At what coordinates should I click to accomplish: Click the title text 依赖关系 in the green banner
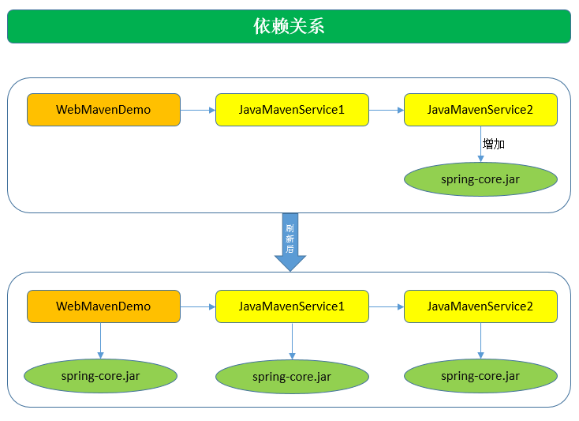click(x=289, y=26)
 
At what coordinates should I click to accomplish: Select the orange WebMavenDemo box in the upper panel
click(x=103, y=110)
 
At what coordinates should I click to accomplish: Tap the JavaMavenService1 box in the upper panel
click(x=292, y=110)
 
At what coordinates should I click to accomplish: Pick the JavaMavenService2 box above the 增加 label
click(x=480, y=110)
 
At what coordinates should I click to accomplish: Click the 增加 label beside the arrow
click(x=494, y=145)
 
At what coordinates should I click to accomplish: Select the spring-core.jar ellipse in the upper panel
click(x=480, y=179)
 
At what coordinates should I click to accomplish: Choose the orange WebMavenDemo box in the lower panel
click(x=103, y=306)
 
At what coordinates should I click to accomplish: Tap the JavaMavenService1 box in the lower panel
click(x=292, y=306)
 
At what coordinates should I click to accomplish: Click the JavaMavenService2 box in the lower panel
click(x=480, y=306)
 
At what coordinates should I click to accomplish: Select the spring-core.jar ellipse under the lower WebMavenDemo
click(x=100, y=376)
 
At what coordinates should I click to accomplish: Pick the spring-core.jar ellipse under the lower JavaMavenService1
click(x=292, y=377)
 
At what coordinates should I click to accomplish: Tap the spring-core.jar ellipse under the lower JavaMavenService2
click(x=480, y=376)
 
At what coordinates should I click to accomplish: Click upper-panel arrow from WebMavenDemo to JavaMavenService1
click(x=198, y=111)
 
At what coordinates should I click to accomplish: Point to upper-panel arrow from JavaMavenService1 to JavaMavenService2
click(x=387, y=111)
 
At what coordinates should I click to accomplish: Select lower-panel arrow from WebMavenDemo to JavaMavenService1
click(x=198, y=306)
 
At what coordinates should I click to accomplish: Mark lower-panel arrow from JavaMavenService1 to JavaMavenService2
click(x=387, y=306)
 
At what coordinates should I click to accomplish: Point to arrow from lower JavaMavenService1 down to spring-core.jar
click(x=292, y=341)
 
